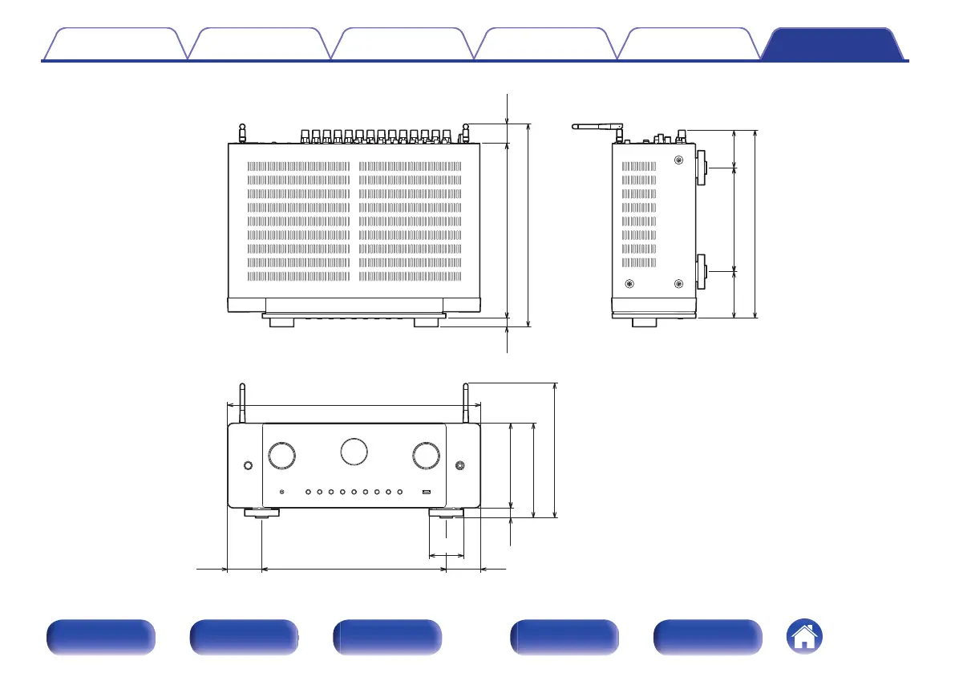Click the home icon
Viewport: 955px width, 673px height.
805,638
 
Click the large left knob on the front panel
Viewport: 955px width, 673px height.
282,455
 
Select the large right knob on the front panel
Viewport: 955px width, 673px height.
426,455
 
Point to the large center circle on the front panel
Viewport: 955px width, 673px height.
354,450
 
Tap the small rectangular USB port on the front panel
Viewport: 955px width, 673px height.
427,492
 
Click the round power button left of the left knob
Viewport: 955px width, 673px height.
248,465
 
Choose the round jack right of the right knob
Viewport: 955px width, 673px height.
459,465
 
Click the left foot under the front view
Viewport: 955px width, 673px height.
262,513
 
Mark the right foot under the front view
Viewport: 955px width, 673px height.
446,513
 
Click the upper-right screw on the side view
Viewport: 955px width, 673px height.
679,160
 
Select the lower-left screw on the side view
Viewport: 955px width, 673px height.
629,283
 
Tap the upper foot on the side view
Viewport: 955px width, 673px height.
701,168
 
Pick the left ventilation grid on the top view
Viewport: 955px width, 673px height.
298,221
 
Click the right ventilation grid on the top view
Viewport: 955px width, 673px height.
411,221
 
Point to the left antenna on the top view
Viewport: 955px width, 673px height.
242,132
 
